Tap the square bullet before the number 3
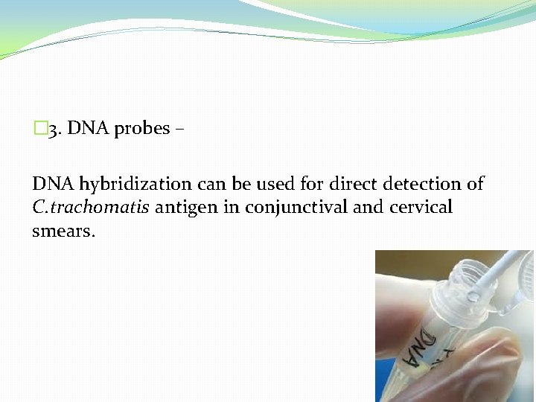[39, 129]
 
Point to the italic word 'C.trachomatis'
[91, 207]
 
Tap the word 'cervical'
[421, 207]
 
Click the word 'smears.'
[64, 231]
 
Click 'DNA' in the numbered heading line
[89, 129]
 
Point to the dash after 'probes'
[179, 130]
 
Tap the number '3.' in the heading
[56, 130]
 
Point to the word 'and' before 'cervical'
[368, 207]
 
